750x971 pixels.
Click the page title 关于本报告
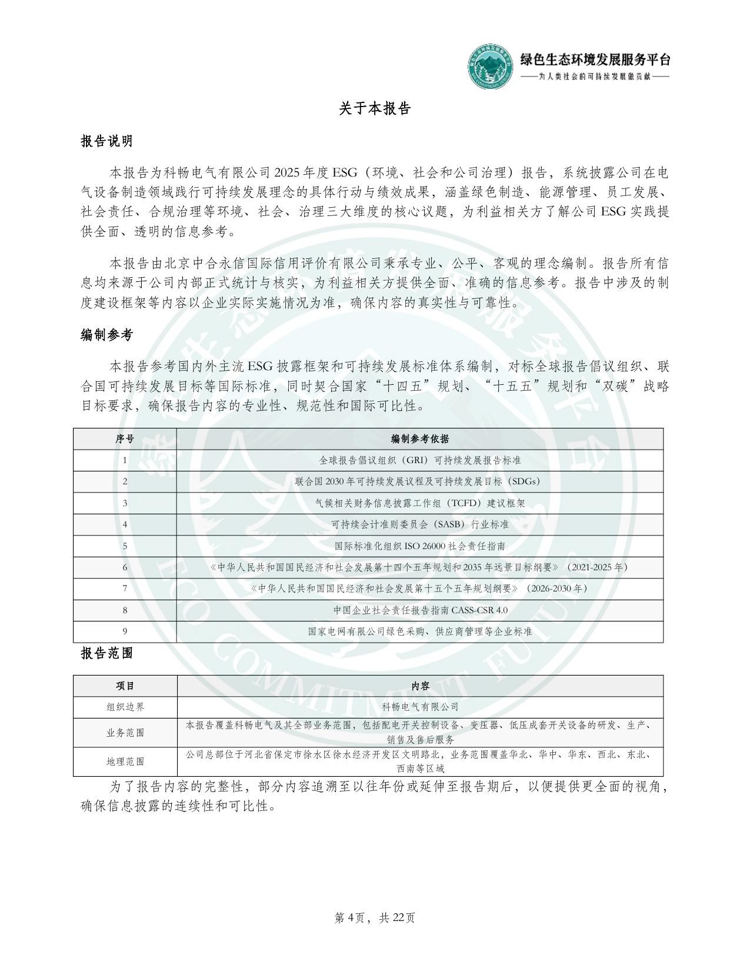pos(375,109)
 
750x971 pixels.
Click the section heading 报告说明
pos(106,141)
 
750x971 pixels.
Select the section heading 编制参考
pos(106,335)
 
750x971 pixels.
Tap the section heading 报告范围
pos(106,653)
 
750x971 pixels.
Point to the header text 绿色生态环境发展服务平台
pos(595,59)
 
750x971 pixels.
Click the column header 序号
pos(125,439)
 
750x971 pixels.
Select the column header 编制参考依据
pos(420,439)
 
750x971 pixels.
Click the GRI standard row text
pos(420,460)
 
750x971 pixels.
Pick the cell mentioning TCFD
pos(420,503)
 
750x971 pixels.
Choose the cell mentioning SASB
pos(420,524)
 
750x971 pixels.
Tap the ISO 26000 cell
pos(420,546)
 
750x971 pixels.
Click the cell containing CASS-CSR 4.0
pos(420,610)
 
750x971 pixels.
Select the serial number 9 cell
pos(125,631)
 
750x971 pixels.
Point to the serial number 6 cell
pos(125,567)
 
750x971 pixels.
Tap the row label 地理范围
pos(125,761)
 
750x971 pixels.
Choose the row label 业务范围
pos(125,733)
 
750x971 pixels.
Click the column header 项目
pos(125,686)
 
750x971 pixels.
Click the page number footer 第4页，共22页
pos(375,917)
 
